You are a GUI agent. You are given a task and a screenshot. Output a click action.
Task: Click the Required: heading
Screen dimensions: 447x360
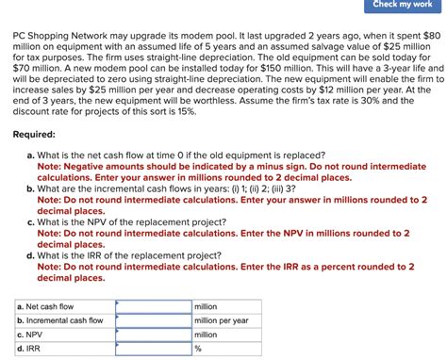pos(35,136)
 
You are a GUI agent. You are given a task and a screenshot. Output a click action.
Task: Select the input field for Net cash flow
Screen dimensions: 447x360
pos(153,307)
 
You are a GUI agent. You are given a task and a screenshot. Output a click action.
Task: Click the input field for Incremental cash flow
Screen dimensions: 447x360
pos(153,320)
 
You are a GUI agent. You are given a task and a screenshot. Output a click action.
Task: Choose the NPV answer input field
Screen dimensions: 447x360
pos(153,335)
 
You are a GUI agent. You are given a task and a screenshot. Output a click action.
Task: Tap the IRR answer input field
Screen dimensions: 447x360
pos(153,349)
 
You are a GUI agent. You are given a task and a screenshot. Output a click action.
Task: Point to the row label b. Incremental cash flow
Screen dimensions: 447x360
pos(60,320)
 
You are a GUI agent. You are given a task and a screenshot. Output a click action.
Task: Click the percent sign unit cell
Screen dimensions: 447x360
pos(199,349)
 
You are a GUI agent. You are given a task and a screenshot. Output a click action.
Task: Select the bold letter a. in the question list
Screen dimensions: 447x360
pos(31,155)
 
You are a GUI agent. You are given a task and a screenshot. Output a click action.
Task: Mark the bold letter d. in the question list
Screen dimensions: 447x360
pos(31,255)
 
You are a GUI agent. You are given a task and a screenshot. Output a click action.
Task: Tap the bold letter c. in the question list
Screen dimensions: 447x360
pos(31,222)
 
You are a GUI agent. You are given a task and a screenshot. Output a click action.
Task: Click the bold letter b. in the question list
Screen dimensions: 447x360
pos(31,188)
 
